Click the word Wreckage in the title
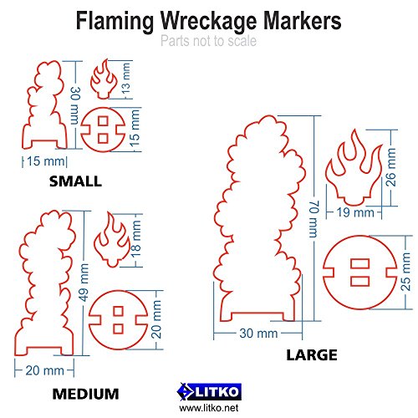208,22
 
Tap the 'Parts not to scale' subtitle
208,41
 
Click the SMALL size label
75,181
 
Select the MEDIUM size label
85,394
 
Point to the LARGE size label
312,355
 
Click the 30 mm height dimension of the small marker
75,105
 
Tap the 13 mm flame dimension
125,79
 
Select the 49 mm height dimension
84,283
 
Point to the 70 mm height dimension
313,219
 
